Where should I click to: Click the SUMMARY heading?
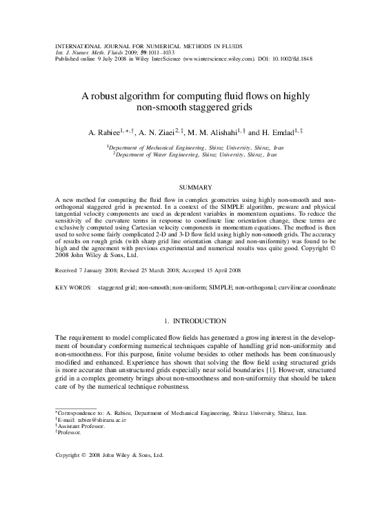pyautogui.click(x=195, y=187)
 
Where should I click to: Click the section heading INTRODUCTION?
pyautogui.click(x=200, y=321)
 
